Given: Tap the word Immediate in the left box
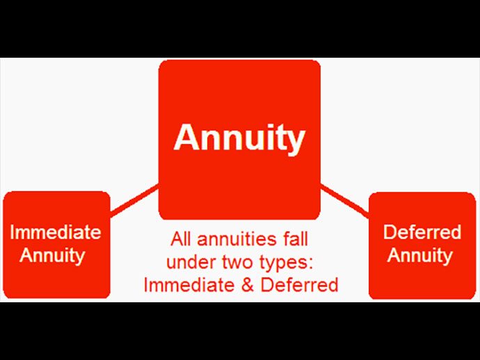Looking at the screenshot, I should click(55, 231).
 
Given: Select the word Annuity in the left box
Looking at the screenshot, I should click(52, 255).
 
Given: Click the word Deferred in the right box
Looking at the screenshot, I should click(422, 231).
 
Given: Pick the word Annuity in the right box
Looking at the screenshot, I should click(419, 255).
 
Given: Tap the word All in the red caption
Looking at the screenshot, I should click(182, 240).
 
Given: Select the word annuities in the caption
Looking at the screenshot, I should click(235, 240).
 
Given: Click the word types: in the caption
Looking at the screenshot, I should click(278, 263).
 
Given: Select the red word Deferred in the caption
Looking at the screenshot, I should click(295, 285).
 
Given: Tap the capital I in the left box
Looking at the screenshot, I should click(14, 231).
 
